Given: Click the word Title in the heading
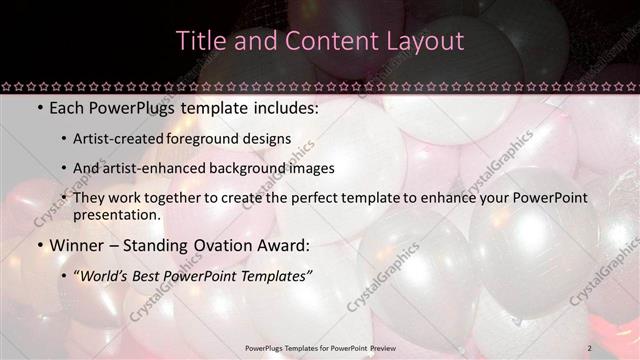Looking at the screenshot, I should pyautogui.click(x=199, y=41).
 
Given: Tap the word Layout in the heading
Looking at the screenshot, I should pyautogui.click(x=425, y=41).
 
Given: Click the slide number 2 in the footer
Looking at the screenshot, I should pyautogui.click(x=590, y=347).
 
